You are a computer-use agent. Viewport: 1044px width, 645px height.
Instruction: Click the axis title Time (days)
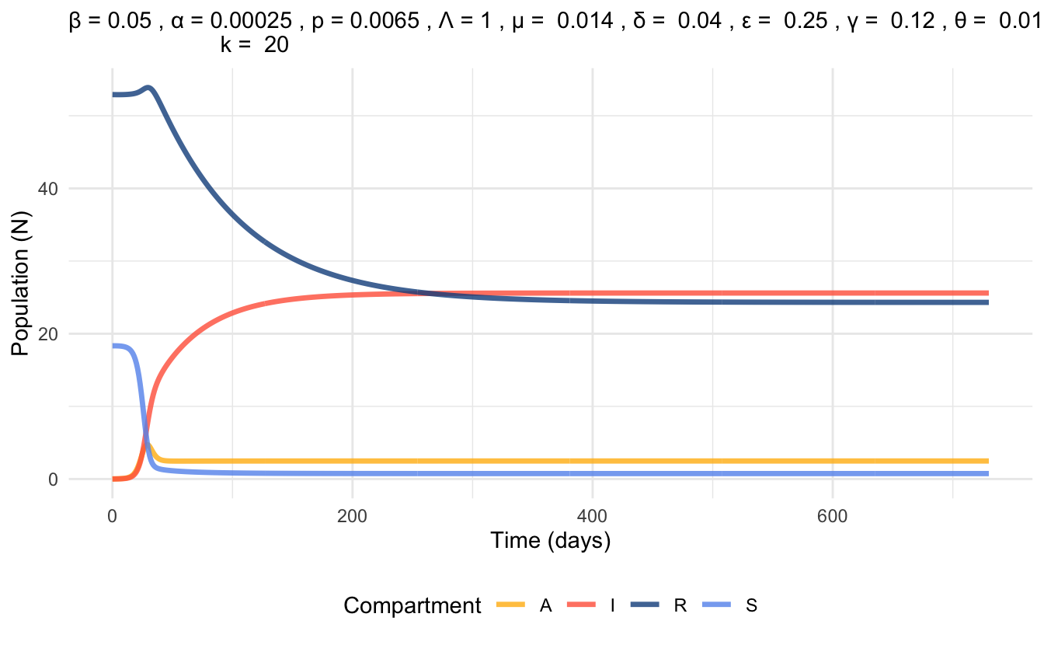[x=550, y=541]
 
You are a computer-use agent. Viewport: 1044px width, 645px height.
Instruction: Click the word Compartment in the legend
[x=412, y=606]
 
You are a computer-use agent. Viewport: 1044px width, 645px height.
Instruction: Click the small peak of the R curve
[x=148, y=88]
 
